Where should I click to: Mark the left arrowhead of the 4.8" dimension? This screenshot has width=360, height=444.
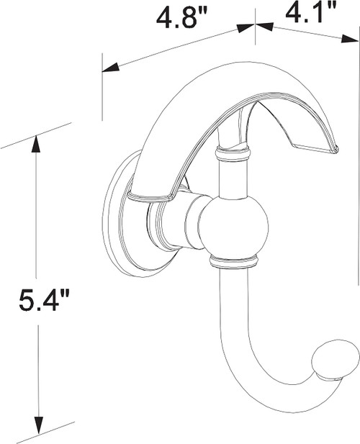[107, 69]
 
